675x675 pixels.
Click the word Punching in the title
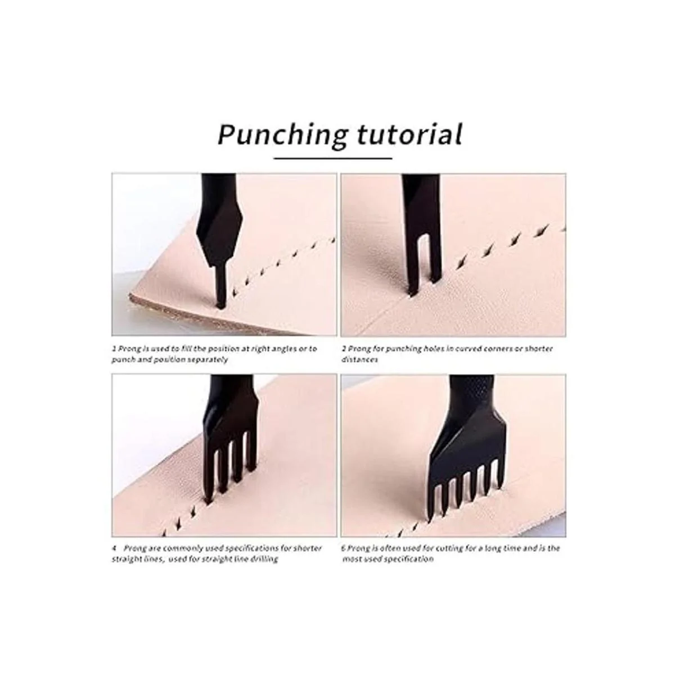point(283,136)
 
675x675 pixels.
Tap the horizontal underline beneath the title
point(333,158)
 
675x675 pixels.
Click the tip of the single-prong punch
point(220,306)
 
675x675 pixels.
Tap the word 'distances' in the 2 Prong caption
point(360,360)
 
